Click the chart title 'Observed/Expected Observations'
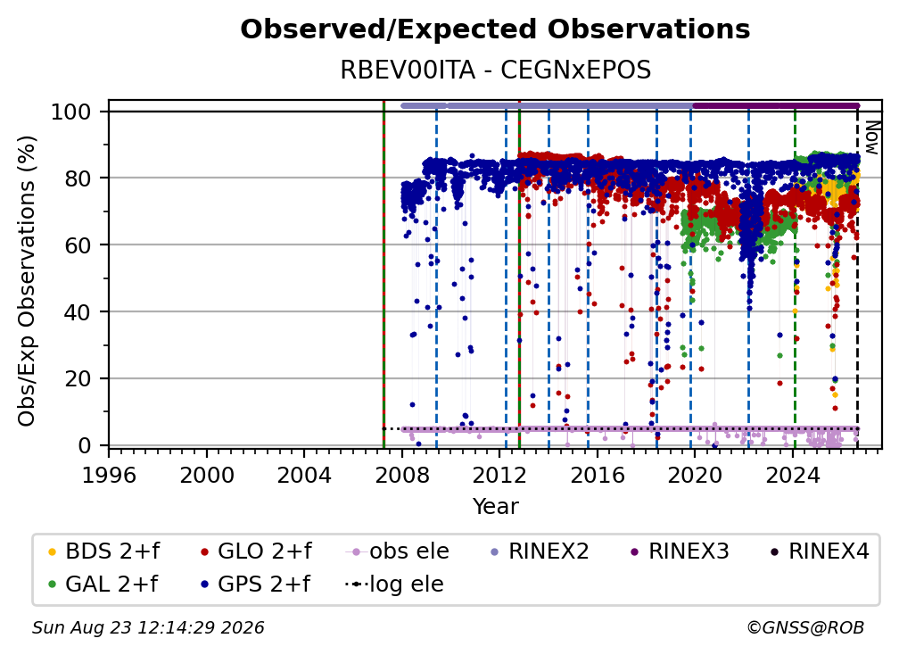point(495,29)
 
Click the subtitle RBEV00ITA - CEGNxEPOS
point(495,70)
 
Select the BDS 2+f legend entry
point(103,551)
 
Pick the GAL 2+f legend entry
point(103,584)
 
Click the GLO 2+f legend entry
point(256,551)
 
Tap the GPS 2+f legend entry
point(255,584)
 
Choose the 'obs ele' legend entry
point(398,551)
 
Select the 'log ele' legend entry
point(394,584)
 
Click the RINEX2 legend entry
point(540,551)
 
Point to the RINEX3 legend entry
point(680,551)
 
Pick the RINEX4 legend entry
point(820,551)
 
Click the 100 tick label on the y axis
point(71,112)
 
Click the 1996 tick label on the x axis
point(109,475)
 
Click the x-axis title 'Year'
point(495,507)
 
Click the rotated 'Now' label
point(871,137)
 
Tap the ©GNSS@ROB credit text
point(805,627)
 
